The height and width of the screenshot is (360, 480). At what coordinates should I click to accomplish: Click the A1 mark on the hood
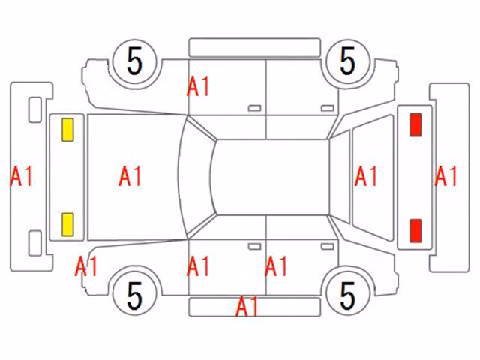(130, 176)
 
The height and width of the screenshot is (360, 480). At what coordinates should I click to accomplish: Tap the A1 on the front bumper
(22, 176)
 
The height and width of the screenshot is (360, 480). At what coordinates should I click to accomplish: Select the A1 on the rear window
(366, 176)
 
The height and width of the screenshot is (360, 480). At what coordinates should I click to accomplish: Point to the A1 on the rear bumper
(446, 176)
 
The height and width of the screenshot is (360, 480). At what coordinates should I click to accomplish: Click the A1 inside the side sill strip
(247, 306)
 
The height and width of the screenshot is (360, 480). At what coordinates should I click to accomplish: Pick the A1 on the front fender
(86, 266)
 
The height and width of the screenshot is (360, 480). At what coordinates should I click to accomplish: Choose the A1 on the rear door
(277, 266)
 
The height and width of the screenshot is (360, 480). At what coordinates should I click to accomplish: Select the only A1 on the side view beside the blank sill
(198, 87)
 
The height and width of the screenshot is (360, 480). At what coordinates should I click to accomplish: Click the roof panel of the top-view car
(271, 177)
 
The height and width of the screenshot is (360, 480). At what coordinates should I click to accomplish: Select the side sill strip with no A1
(255, 48)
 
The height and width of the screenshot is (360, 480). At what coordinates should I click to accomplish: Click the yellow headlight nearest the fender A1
(67, 225)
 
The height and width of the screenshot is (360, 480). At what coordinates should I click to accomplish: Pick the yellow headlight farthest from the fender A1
(67, 130)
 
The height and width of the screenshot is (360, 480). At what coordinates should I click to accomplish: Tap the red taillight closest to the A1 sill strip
(415, 230)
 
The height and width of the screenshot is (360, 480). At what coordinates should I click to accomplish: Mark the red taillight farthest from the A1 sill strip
(415, 124)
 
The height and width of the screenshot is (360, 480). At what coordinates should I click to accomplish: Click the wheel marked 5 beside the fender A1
(135, 295)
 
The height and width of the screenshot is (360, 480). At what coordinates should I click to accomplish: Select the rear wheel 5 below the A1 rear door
(348, 295)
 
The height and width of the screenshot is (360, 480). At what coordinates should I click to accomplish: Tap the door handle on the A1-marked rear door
(327, 247)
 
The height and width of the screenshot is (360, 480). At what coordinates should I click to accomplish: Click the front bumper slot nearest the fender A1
(35, 243)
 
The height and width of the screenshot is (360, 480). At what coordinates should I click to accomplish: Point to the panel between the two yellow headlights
(67, 177)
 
